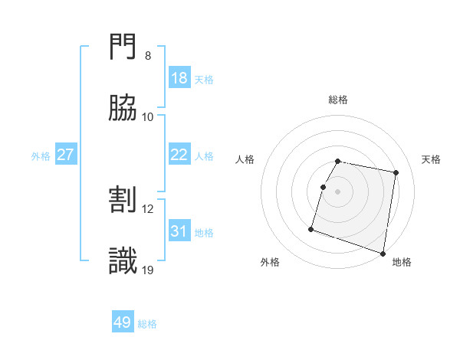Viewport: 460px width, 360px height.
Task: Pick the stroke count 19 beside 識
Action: click(x=149, y=270)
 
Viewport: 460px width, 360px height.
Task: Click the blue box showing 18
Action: click(x=179, y=78)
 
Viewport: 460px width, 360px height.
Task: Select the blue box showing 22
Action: click(x=179, y=155)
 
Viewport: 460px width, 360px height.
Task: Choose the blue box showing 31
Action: click(x=179, y=231)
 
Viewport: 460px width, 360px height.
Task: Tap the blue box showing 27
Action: click(x=66, y=155)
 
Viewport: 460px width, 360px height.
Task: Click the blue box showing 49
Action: click(x=123, y=322)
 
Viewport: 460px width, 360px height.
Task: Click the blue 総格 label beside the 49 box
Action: click(x=147, y=324)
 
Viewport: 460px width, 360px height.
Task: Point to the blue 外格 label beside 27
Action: click(x=41, y=156)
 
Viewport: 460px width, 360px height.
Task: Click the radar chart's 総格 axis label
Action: click(x=338, y=100)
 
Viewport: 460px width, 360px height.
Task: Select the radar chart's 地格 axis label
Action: click(x=402, y=262)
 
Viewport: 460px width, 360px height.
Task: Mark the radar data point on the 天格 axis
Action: click(x=396, y=173)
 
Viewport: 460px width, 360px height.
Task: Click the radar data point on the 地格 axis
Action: click(x=382, y=253)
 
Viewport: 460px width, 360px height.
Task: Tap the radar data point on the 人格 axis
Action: click(x=323, y=186)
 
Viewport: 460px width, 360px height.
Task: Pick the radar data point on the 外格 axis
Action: click(x=311, y=228)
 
